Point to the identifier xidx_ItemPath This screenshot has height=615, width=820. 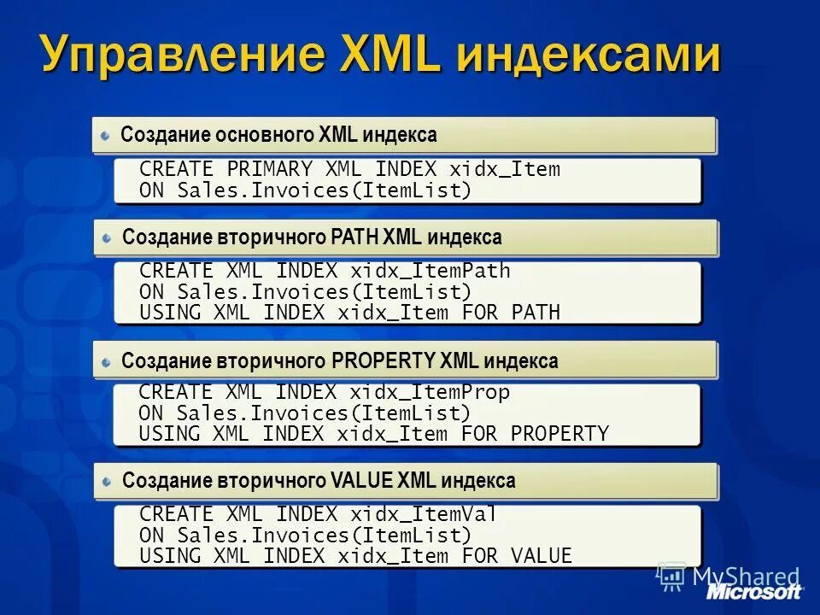(x=430, y=272)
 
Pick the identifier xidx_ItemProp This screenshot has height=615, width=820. (x=429, y=393)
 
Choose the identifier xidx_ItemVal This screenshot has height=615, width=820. (x=423, y=514)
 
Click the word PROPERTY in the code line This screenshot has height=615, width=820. (x=559, y=434)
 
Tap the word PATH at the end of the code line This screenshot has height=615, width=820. (x=536, y=313)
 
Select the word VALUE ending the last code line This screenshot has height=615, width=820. (x=542, y=557)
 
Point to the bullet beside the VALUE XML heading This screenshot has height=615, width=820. (x=106, y=481)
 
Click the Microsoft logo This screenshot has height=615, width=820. (x=753, y=592)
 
